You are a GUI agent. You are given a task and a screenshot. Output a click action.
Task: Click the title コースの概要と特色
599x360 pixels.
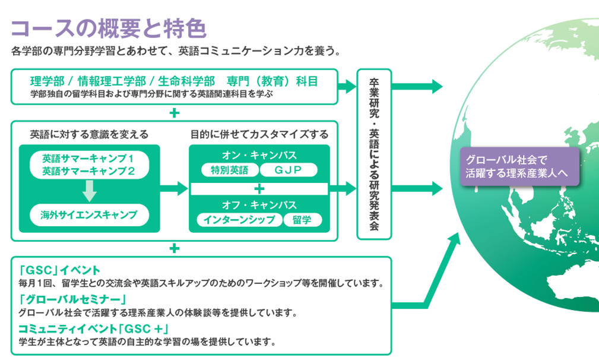[109, 29]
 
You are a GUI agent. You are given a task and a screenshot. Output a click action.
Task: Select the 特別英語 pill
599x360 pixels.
[230, 170]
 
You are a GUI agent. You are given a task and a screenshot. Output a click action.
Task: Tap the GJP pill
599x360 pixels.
[289, 170]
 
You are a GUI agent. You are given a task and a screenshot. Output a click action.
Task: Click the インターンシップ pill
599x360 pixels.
[239, 220]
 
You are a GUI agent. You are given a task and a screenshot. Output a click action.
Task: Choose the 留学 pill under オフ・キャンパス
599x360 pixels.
[303, 220]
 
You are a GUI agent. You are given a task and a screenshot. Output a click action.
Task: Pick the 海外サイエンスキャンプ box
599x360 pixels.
[90, 215]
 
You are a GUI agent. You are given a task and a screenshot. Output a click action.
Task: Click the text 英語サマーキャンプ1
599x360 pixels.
[88, 158]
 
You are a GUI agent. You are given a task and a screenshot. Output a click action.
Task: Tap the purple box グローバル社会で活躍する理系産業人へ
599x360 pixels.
[519, 166]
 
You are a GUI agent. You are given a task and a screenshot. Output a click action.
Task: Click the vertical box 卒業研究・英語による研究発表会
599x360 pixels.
[374, 154]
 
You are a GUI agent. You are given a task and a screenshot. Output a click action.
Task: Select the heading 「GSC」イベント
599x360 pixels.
[59, 270]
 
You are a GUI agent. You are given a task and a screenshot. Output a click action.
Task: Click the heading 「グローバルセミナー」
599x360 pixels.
[72, 299]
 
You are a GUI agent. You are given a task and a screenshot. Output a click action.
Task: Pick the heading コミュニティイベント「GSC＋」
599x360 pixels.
[94, 329]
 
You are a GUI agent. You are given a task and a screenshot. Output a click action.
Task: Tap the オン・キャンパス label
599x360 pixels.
[259, 155]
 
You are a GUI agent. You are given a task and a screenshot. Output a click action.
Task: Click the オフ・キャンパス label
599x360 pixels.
[259, 205]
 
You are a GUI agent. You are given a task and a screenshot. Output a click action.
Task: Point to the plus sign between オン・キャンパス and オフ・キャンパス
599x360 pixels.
[259, 189]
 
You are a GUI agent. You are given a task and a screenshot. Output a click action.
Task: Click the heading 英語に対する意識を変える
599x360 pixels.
[89, 134]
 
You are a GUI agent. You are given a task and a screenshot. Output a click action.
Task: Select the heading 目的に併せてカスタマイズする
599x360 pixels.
[259, 134]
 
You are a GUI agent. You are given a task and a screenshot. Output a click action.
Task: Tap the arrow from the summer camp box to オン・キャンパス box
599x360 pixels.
[174, 188]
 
